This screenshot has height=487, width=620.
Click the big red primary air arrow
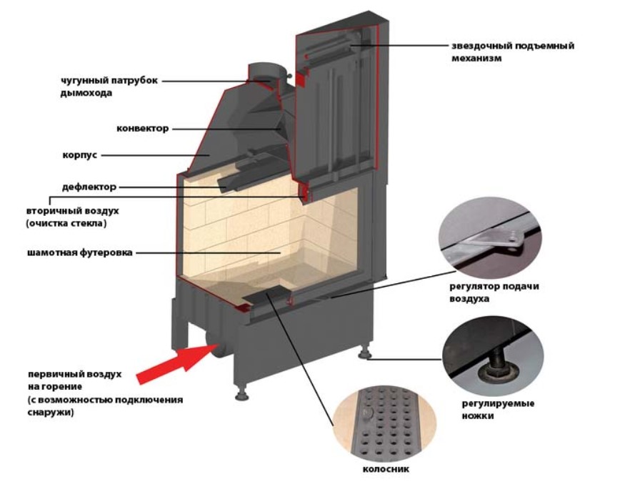[169, 363]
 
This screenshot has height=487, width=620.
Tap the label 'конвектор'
[143, 129]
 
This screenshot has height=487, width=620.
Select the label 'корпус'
[80, 154]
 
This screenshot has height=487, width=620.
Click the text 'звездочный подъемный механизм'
[513, 51]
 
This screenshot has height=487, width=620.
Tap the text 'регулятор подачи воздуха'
[489, 292]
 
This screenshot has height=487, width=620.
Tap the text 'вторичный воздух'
[71, 212]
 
